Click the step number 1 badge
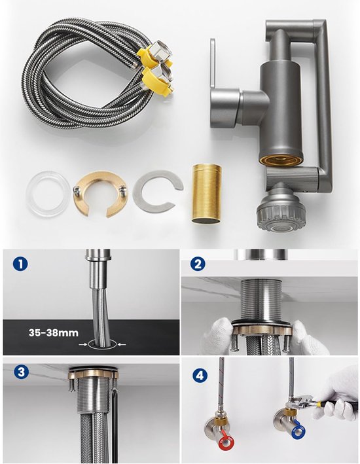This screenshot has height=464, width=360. [20, 263]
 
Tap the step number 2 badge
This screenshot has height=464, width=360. [198, 264]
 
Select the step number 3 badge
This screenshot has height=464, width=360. [21, 372]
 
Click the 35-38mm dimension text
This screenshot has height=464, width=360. [54, 332]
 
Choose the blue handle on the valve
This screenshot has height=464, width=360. [298, 431]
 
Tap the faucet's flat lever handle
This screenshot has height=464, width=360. [213, 64]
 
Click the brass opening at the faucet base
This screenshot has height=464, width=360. [281, 160]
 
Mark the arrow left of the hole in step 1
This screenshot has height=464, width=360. [83, 344]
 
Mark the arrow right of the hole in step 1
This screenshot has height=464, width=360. [122, 344]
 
